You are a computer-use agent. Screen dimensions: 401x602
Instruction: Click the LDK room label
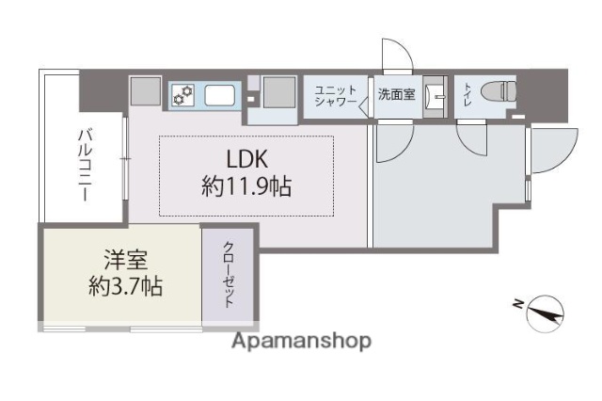point(246,158)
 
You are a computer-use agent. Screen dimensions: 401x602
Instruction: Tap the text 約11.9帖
point(246,186)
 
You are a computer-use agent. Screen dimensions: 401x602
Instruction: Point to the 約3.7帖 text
point(124,285)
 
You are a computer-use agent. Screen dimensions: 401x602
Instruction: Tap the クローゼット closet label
point(229,274)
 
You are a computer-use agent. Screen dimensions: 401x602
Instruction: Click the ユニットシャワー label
point(336,95)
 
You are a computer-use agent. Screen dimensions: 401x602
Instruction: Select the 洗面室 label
point(396,94)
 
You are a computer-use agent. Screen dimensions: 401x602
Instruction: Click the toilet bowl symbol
point(496,93)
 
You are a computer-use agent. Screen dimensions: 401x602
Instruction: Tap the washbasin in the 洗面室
point(436,95)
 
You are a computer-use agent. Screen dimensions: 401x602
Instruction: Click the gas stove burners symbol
point(183,94)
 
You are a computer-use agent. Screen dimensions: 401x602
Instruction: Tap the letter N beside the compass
point(517,303)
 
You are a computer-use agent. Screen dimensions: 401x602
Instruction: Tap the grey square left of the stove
point(145,92)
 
